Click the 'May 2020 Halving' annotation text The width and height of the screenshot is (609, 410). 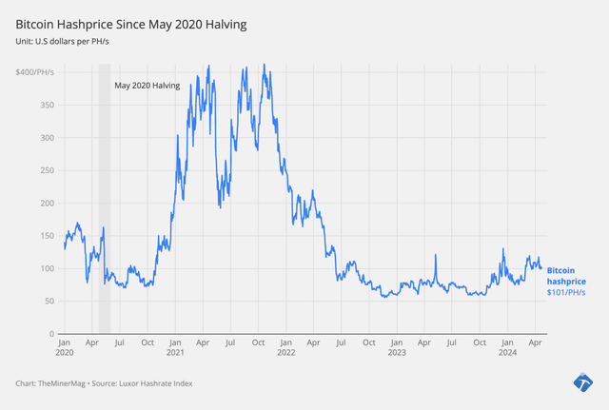click(x=147, y=86)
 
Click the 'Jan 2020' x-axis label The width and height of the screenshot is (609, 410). click(x=64, y=346)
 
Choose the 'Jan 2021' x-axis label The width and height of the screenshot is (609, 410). click(x=175, y=346)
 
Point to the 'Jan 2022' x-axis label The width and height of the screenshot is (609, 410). click(x=285, y=346)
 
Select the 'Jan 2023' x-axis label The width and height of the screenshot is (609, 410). click(x=397, y=346)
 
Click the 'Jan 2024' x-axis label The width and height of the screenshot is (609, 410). click(x=507, y=346)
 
